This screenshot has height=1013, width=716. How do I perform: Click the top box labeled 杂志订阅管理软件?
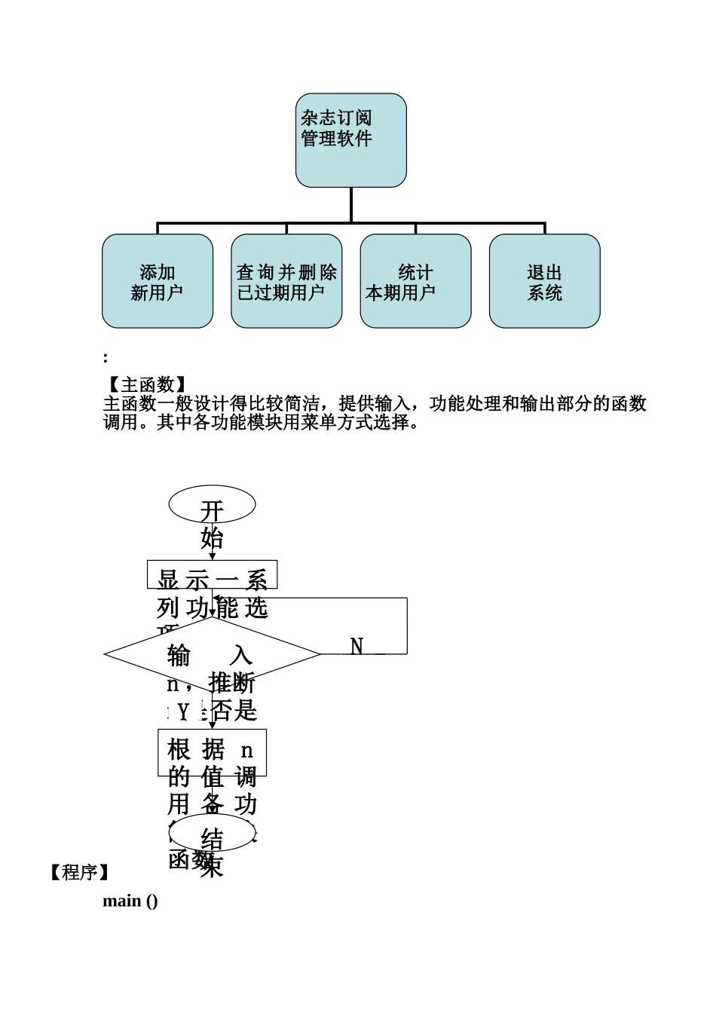[350, 140]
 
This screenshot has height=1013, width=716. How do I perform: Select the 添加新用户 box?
[158, 281]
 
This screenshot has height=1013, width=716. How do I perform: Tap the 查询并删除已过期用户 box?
[286, 281]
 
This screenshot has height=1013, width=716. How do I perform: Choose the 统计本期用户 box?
[415, 281]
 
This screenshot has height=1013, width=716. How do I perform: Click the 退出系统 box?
[544, 281]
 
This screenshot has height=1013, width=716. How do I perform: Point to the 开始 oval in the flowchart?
[212, 504]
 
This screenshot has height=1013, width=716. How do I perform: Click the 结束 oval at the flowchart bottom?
[213, 832]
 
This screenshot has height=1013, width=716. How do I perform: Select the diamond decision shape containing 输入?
[212, 654]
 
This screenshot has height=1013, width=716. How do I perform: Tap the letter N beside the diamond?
[357, 646]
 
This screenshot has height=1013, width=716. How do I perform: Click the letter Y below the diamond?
[182, 711]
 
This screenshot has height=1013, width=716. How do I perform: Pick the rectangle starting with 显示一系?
[212, 574]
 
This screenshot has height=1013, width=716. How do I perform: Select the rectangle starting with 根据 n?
[212, 752]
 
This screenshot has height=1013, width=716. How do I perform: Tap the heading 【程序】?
[80, 872]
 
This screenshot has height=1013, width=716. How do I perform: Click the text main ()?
[130, 901]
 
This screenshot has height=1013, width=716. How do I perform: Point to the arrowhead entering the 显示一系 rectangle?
[212, 557]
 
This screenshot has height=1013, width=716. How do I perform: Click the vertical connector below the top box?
[351, 204]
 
